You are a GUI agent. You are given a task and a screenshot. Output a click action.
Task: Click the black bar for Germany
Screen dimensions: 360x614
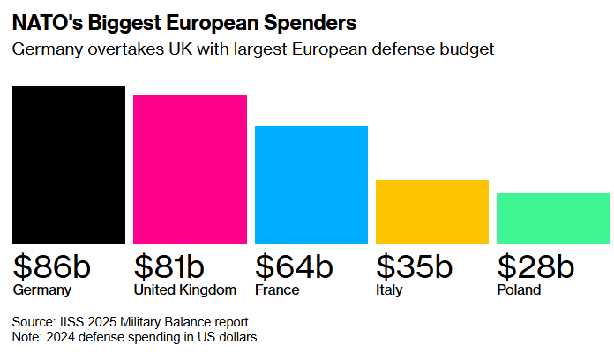coord(69,165)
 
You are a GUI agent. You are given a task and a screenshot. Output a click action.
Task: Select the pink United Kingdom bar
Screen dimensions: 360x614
coord(190,169)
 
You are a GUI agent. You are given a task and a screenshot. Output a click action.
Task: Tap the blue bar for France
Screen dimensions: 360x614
coord(311,185)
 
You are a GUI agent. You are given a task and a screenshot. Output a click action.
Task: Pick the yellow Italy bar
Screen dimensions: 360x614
coord(432,212)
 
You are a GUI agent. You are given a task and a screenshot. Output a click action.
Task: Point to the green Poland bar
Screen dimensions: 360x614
coord(553,219)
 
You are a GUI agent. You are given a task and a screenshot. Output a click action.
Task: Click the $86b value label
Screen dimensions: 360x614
coord(52,266)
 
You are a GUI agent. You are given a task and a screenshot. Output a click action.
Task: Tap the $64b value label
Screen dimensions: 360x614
coord(294,266)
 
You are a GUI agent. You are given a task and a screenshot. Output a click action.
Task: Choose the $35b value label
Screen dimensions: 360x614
coord(414,266)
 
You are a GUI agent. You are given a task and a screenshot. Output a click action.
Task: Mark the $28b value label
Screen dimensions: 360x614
coord(535,266)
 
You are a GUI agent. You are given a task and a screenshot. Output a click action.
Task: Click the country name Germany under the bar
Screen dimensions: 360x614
coord(41,290)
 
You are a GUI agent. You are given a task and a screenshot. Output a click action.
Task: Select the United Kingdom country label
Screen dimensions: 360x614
coord(184,290)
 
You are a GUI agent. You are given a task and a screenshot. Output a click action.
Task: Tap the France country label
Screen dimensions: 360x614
coord(277,290)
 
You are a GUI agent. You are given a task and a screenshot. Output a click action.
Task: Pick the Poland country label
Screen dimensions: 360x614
coord(519,290)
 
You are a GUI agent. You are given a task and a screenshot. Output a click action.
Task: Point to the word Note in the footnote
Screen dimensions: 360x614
coord(26,337)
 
